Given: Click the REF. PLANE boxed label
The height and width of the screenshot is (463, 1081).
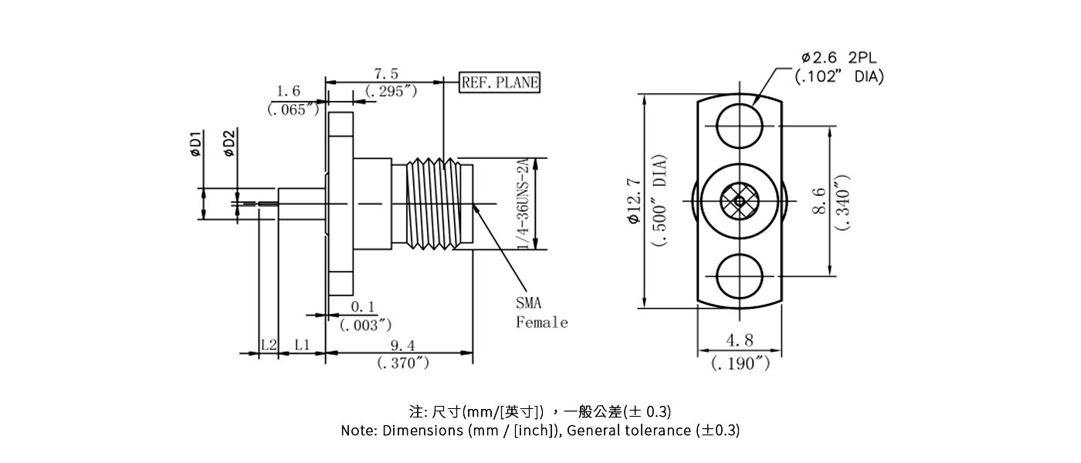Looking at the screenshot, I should [x=500, y=83].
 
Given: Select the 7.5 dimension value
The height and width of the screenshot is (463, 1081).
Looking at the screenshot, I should [x=386, y=74].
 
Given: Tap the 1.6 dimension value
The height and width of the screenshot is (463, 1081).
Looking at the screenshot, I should [x=288, y=92].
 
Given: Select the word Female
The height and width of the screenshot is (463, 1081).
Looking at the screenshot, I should [x=541, y=323].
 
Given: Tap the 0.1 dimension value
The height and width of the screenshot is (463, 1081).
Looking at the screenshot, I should [x=363, y=308].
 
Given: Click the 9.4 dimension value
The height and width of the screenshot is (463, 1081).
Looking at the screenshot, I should [x=402, y=346].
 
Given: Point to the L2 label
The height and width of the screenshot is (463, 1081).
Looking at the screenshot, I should [x=268, y=345].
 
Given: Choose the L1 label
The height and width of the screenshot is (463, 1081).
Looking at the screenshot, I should [x=302, y=345].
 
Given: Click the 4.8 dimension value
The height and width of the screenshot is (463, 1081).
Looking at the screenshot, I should [x=740, y=340].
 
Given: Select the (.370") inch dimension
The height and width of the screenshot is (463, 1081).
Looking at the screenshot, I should [x=403, y=363].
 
